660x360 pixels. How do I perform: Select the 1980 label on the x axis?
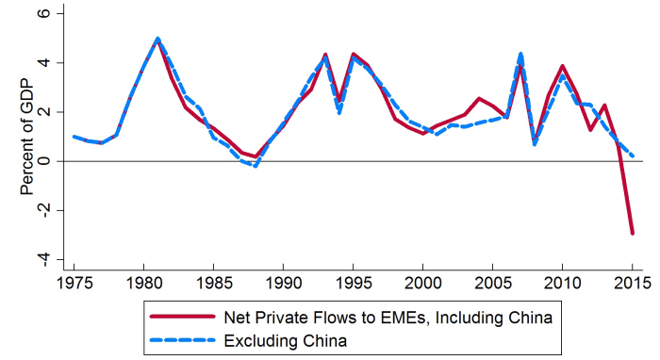pos(143,282)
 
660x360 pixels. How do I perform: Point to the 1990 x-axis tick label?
pos(283,282)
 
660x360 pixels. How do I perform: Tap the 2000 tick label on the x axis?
pos(422,282)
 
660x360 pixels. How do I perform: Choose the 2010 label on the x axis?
pos(562,282)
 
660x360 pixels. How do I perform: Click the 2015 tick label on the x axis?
pos(632,282)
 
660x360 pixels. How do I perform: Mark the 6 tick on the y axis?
pos(57,14)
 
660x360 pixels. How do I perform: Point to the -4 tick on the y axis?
pos(54,259)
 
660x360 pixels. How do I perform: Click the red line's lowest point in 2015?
pos(632,233)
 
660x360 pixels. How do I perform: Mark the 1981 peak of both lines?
pos(157,40)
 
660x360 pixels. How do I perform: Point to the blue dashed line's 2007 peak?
pos(520,54)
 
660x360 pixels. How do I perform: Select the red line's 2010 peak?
pos(562,66)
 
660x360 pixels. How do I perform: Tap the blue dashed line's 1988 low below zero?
pos(255,166)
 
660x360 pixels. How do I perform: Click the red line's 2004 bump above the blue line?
pos(479,98)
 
